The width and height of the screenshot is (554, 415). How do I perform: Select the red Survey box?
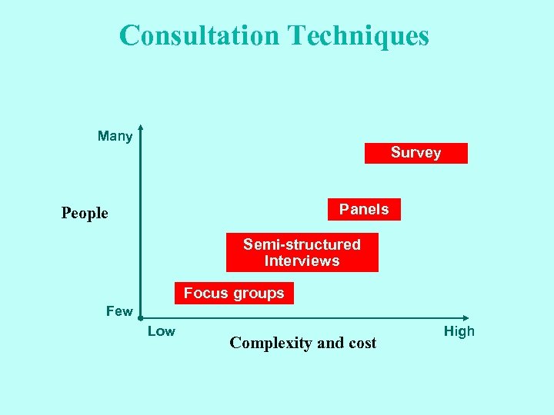[415, 153]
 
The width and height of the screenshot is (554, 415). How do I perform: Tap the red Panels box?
[364, 209]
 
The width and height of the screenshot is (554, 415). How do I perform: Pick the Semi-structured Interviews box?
[302, 253]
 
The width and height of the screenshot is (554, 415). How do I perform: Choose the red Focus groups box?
[234, 293]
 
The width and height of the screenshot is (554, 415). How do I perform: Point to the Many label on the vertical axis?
[115, 137]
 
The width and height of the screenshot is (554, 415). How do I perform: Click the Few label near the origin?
[118, 311]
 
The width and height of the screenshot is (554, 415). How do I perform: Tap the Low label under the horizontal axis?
[161, 331]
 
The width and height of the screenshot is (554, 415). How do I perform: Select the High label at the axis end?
[459, 331]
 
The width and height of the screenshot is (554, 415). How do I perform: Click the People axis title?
[85, 213]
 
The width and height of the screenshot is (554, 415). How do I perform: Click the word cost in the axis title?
[360, 344]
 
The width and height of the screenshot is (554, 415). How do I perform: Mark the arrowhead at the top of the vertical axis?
[141, 128]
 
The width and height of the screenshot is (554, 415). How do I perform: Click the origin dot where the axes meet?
[141, 317]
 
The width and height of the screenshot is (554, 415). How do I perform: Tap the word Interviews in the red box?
[302, 261]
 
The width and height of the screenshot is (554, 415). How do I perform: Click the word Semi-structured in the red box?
[302, 244]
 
